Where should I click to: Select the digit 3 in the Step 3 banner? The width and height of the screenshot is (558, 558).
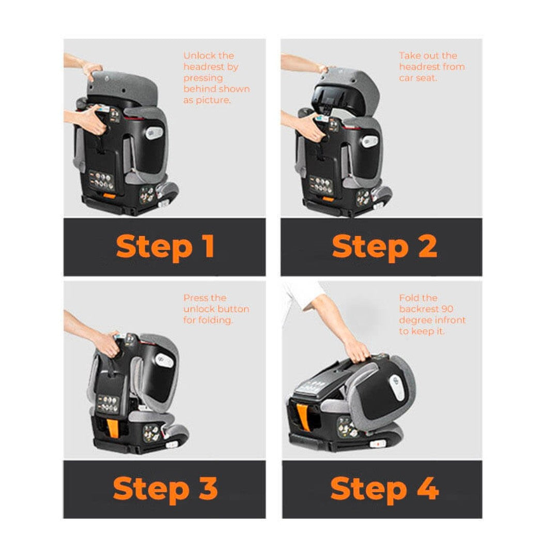pos(208,488)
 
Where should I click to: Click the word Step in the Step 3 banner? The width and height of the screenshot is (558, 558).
pos(151,490)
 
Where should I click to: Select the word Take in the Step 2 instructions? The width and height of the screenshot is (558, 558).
pos(409,55)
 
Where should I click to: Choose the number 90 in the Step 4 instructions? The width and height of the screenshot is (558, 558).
pos(447,309)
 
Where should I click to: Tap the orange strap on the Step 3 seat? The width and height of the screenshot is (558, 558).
pos(113,428)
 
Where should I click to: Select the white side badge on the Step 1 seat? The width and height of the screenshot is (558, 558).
pos(154,133)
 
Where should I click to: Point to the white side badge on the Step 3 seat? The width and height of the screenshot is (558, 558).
pos(164,361)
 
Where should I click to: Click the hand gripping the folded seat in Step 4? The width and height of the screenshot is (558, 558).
pos(358,351)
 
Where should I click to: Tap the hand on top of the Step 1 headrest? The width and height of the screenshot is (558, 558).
pos(92,69)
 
